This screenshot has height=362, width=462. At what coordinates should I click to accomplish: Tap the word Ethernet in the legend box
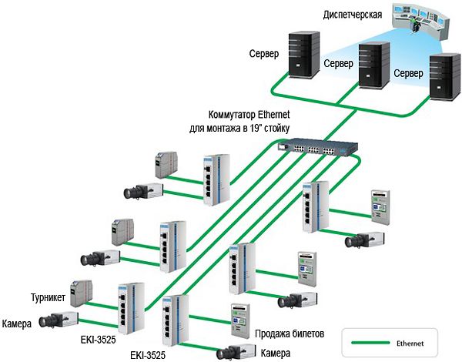coord(415,340)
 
